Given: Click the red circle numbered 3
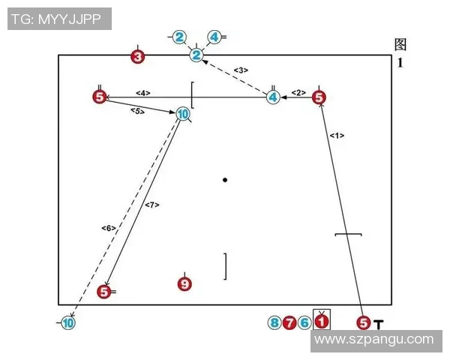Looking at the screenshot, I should (137, 56).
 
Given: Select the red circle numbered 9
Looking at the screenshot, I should (185, 284).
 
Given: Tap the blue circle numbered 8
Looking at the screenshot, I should (275, 323).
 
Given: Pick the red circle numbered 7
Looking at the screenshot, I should (289, 323).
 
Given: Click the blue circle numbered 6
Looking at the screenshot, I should (304, 323).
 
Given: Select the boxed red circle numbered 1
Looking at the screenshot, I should (321, 322).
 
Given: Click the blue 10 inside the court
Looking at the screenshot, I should (182, 115).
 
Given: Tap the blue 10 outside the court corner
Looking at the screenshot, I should (67, 323).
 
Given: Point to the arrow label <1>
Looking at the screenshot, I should (337, 136).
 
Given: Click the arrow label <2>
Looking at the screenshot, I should (298, 92).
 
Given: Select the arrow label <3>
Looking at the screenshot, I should (241, 70).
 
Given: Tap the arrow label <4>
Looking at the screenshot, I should (143, 92).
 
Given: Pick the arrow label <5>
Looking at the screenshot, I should (137, 111).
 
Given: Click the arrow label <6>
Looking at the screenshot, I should (108, 227).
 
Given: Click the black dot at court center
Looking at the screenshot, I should (225, 180).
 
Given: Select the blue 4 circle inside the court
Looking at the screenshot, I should (274, 97).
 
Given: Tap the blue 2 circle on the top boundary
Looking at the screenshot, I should (196, 55).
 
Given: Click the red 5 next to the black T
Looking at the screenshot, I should (364, 323).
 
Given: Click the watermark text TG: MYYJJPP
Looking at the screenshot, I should (60, 18).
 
